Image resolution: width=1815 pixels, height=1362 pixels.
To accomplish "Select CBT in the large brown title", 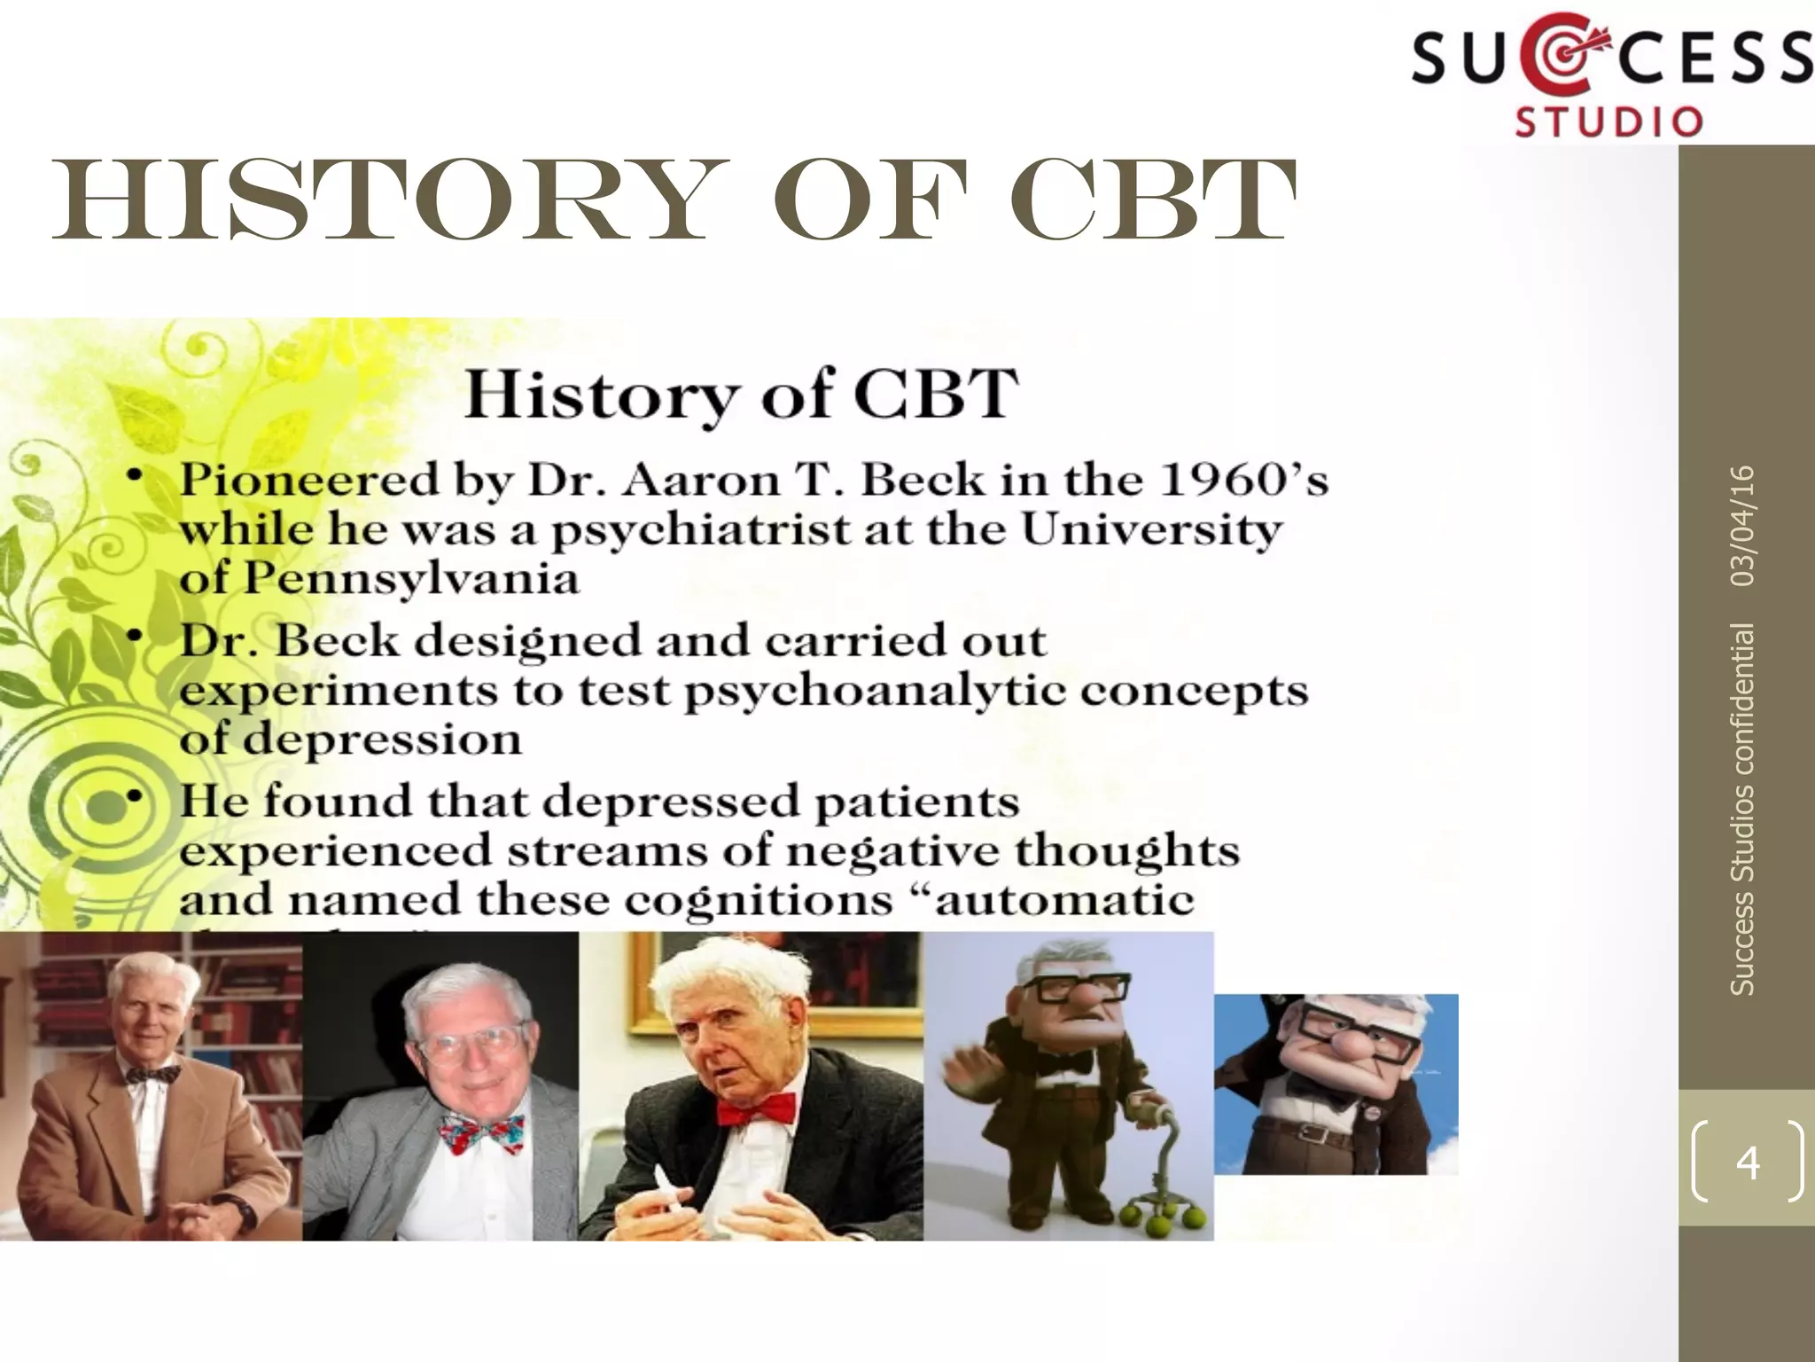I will [x=1152, y=201].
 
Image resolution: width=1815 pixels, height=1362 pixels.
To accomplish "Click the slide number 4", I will [x=1747, y=1161].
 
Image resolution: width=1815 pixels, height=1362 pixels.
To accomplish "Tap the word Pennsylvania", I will [x=410, y=580].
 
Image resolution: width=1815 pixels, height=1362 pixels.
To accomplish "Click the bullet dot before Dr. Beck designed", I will [x=134, y=636].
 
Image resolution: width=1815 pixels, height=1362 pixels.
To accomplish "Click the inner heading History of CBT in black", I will [x=741, y=394].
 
